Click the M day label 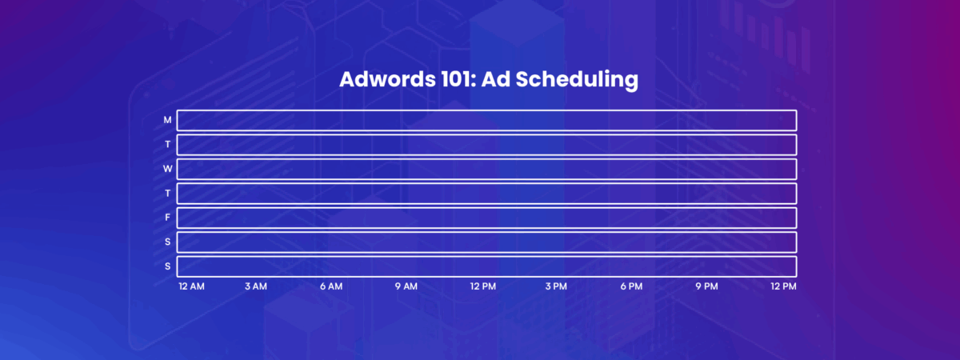[167, 120]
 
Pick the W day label [167, 169]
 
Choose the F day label [167, 218]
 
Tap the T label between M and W [167, 145]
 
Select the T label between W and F [167, 194]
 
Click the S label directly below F [167, 242]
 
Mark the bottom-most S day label [167, 266]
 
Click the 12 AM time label [192, 286]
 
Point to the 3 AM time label [256, 286]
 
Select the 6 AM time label [331, 286]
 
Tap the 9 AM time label [406, 286]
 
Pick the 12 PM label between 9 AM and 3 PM [482, 286]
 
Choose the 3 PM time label [556, 286]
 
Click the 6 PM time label [631, 286]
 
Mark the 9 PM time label [706, 286]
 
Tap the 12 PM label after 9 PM [783, 286]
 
